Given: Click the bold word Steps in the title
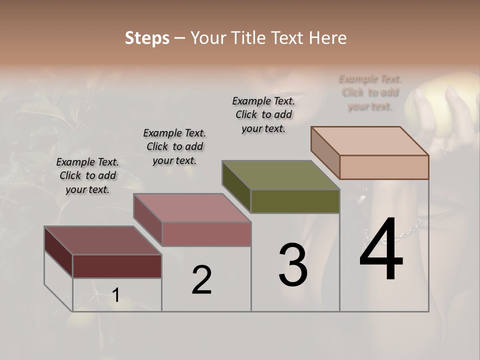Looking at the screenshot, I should (x=147, y=38).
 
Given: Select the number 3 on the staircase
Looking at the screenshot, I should (x=293, y=264).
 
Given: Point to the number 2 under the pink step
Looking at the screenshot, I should (x=201, y=280).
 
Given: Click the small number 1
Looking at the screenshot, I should (x=115, y=295).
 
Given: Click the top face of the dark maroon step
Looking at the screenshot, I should (x=102, y=240).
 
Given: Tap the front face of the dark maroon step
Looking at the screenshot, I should (x=117, y=266).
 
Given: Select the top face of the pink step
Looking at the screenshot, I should (x=192, y=208).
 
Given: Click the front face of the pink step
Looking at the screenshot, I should (x=206, y=234).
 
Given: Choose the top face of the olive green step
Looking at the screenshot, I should (x=280, y=175).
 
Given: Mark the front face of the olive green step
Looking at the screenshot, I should (x=295, y=201).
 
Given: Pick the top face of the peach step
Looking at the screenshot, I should (x=370, y=140).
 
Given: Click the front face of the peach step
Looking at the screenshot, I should (x=384, y=167).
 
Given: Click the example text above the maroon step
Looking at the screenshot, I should (x=87, y=175).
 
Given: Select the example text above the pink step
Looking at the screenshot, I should (x=174, y=146).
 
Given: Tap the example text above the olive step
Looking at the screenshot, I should (x=263, y=114).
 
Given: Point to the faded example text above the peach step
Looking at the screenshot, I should (x=370, y=92).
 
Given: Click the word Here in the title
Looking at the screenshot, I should (x=329, y=38).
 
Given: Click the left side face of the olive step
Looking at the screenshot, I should (x=236, y=186).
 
